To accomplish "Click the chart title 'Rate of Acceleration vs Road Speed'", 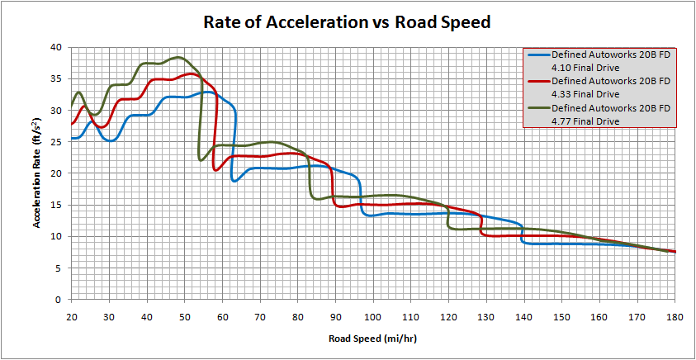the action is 347,22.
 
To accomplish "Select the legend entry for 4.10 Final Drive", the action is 600,61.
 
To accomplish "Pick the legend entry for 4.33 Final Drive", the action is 600,88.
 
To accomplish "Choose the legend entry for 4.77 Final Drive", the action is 600,114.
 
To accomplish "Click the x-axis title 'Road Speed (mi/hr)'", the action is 373,339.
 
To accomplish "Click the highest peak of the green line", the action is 178,57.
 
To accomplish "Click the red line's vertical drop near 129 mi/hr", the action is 481,225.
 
